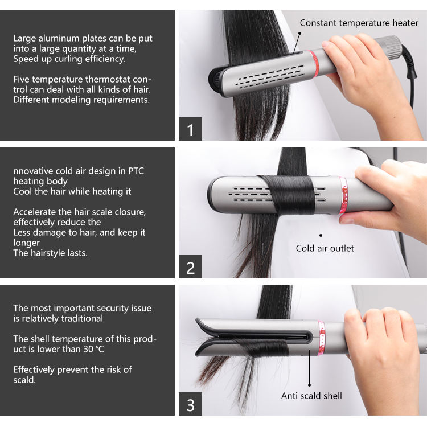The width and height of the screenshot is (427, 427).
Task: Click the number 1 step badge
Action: click(x=190, y=129)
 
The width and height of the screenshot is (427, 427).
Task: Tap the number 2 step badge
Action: click(x=190, y=267)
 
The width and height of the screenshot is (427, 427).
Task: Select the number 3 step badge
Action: click(x=190, y=405)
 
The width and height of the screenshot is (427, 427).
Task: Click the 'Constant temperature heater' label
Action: click(x=359, y=23)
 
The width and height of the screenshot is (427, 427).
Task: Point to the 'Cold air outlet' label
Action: click(x=325, y=248)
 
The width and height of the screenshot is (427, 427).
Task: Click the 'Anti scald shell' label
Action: click(x=311, y=395)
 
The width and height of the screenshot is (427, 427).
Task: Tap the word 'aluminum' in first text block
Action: click(x=59, y=39)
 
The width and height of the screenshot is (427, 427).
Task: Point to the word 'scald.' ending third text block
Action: click(x=24, y=380)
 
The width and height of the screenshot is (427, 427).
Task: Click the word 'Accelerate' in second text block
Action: click(x=35, y=212)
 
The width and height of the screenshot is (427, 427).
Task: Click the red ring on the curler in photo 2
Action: click(x=344, y=195)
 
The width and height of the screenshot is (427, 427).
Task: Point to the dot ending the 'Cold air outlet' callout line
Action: click(x=321, y=235)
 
